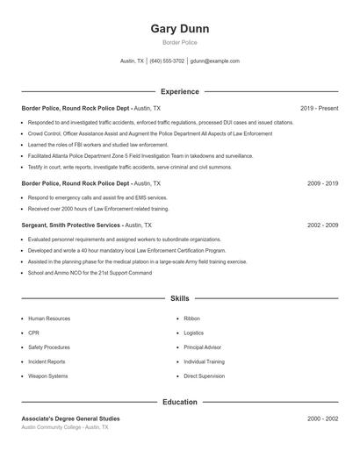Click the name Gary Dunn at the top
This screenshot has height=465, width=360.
click(x=180, y=29)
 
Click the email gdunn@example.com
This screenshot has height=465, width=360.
click(x=214, y=61)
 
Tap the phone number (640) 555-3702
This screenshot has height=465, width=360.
click(x=167, y=61)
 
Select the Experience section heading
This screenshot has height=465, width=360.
click(x=180, y=91)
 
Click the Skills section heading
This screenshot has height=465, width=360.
click(x=180, y=298)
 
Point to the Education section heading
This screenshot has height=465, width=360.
click(x=180, y=402)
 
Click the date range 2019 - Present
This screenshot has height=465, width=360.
click(x=319, y=108)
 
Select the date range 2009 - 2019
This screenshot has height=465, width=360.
click(x=322, y=183)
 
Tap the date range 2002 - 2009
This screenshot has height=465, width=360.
click(x=322, y=225)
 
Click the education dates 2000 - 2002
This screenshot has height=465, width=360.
click(x=322, y=418)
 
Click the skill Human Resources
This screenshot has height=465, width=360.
click(x=49, y=318)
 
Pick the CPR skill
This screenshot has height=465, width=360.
click(x=33, y=333)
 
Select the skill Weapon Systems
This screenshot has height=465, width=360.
click(x=47, y=376)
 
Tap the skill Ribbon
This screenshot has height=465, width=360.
click(x=192, y=318)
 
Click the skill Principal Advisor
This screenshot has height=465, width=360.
click(x=203, y=347)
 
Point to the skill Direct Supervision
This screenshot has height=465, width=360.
click(x=204, y=376)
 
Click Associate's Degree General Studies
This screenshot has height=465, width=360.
click(x=71, y=418)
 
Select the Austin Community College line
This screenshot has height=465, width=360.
click(x=65, y=427)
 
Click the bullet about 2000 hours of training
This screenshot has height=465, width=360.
click(x=97, y=209)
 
